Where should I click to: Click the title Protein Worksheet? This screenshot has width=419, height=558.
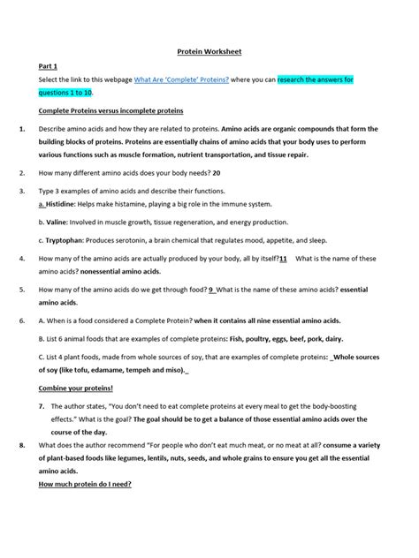click(x=209, y=52)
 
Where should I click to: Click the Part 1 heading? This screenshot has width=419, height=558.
click(x=49, y=66)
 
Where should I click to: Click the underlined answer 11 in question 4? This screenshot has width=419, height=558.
click(x=282, y=258)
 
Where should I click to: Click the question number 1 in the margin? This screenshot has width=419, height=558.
click(x=20, y=129)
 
